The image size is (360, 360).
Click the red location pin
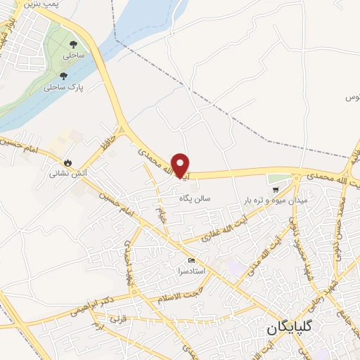tap(181, 165)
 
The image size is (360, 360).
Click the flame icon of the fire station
tap(67, 160)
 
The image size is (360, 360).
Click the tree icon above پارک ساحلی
tap(64, 76)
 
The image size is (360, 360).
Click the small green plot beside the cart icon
tap(278, 179)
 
